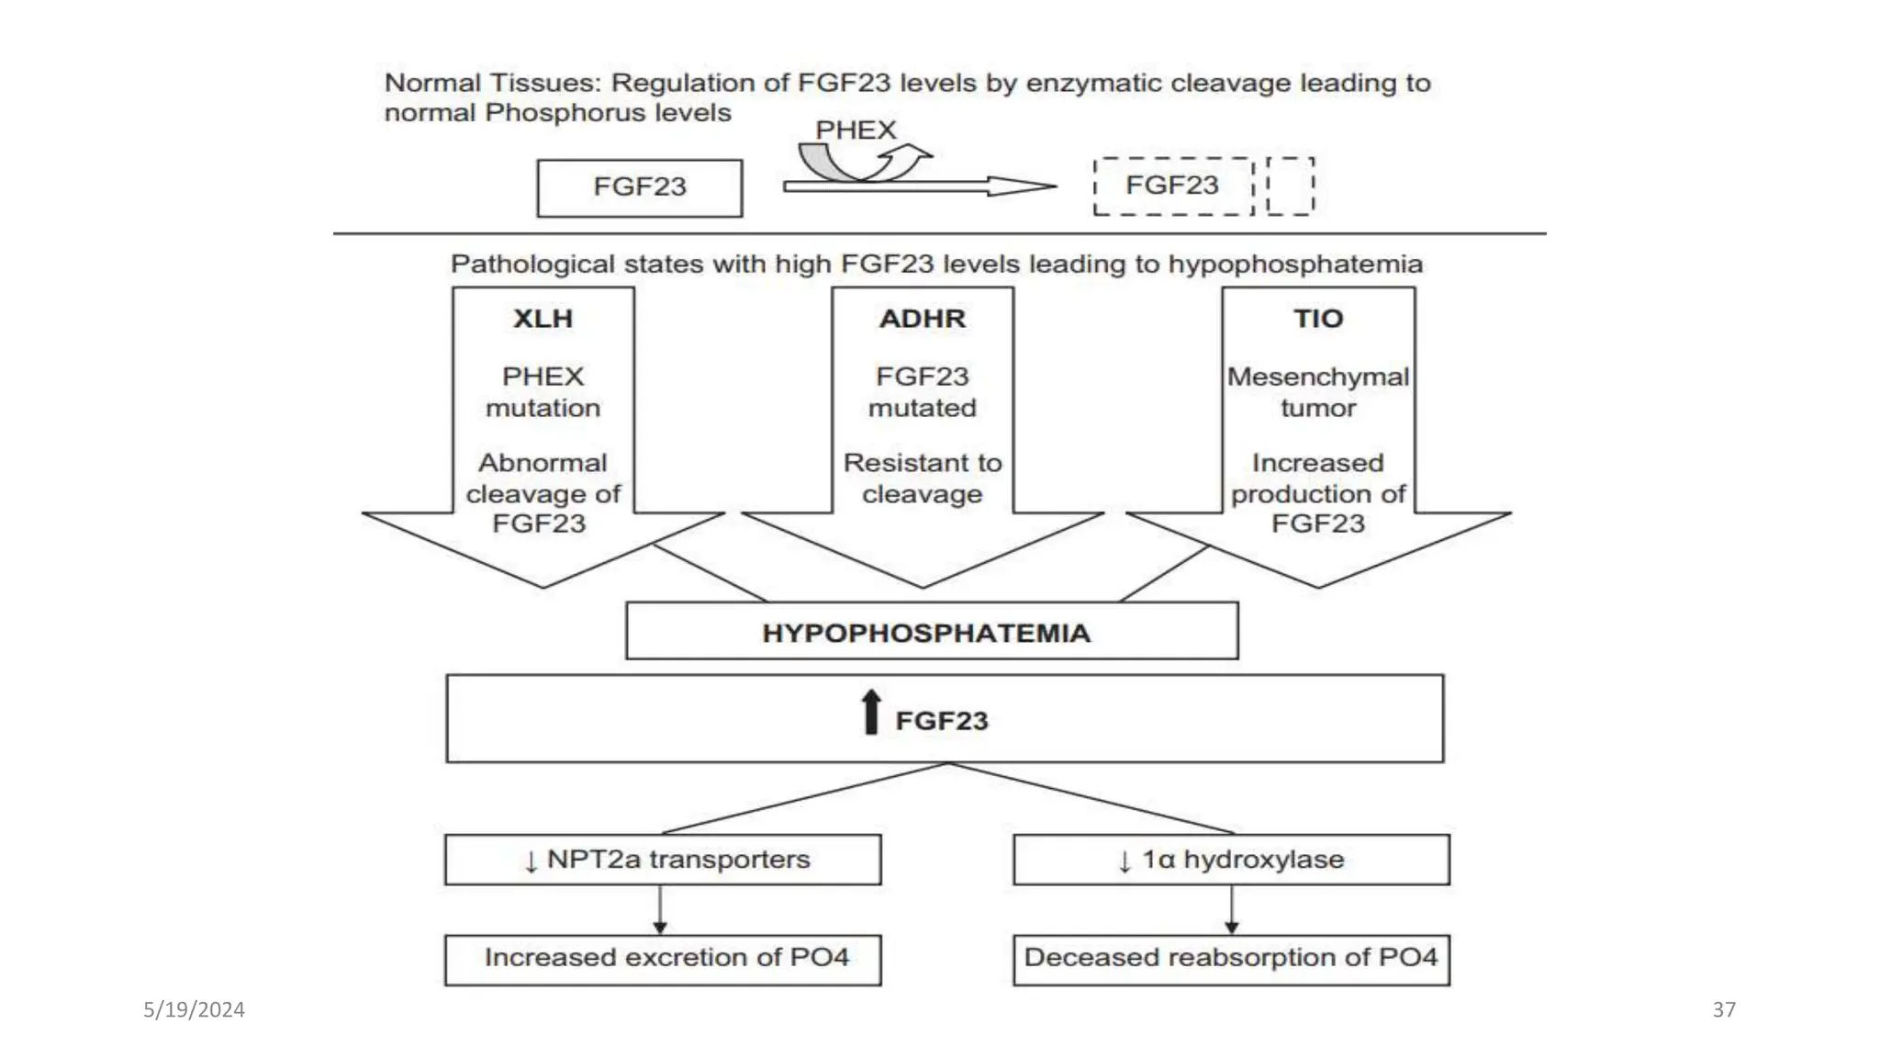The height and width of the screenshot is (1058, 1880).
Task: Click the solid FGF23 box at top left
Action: [639, 187]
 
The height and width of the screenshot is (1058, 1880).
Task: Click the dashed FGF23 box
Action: [1172, 186]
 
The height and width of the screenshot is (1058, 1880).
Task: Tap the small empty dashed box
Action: [1290, 186]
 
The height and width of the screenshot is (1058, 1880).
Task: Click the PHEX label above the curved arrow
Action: [855, 130]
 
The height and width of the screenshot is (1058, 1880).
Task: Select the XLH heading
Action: [543, 319]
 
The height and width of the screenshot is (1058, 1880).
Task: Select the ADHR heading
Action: [922, 319]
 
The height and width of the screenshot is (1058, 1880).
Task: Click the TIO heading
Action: [1317, 319]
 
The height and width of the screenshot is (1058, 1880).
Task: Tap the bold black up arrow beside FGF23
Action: [871, 713]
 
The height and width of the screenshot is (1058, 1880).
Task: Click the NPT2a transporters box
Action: [663, 860]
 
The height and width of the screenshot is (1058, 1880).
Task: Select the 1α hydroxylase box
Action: [1231, 860]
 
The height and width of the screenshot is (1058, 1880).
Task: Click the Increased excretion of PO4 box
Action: [663, 959]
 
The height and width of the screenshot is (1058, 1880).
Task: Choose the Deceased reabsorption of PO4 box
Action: [1231, 959]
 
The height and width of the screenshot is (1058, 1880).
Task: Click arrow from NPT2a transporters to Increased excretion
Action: [660, 910]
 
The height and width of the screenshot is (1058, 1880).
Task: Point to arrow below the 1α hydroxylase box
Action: [1232, 910]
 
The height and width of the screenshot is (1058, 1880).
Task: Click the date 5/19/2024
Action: [194, 1010]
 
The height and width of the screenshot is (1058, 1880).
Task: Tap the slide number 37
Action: [1723, 1010]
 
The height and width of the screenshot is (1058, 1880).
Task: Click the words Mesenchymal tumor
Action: [1317, 392]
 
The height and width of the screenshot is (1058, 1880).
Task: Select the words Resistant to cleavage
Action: [922, 478]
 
